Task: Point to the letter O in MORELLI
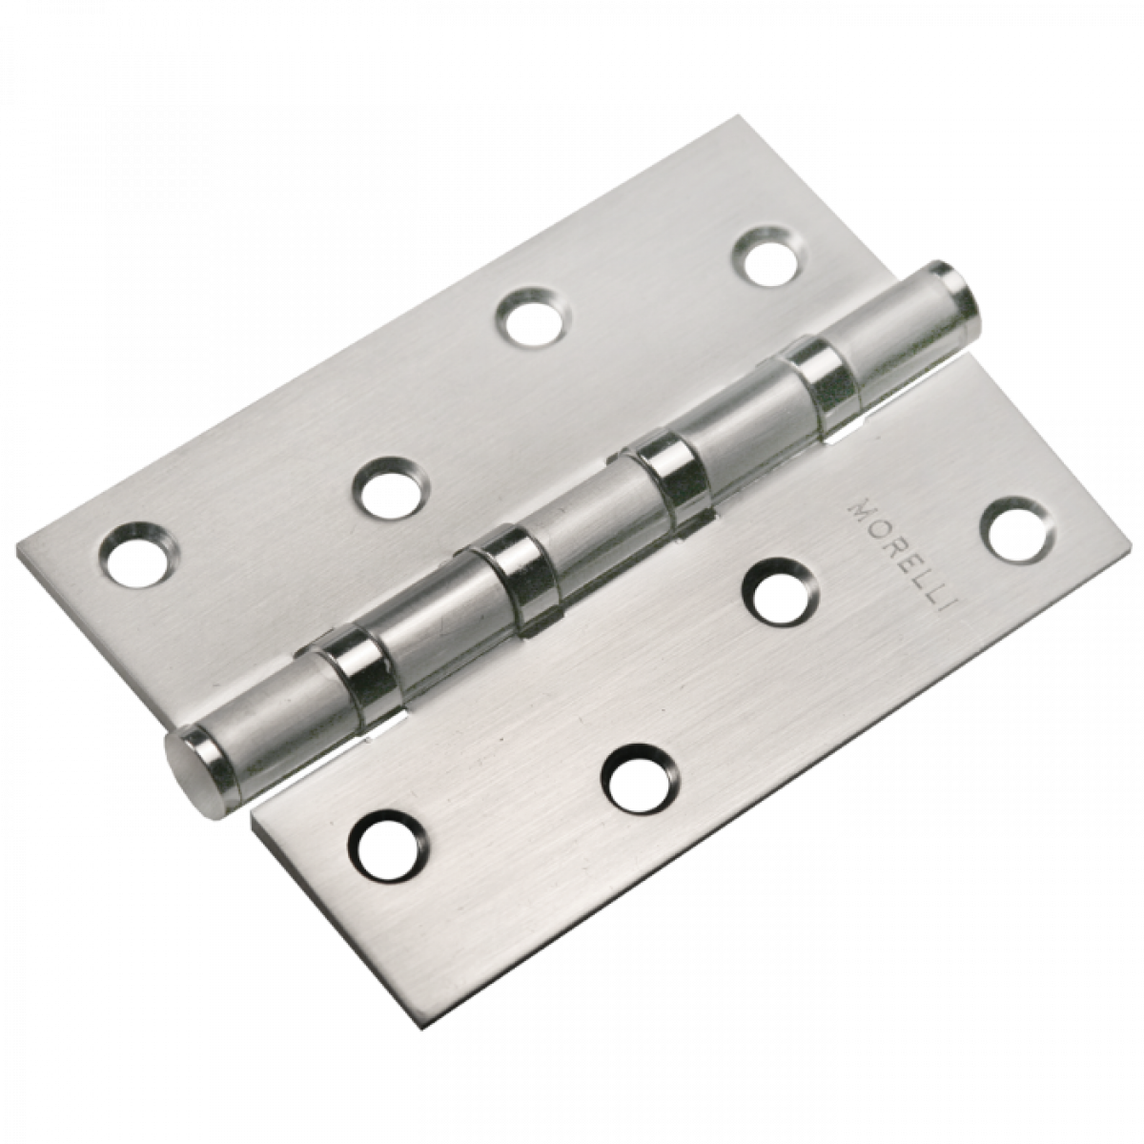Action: tap(870, 529)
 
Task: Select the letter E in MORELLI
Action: tap(893, 561)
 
